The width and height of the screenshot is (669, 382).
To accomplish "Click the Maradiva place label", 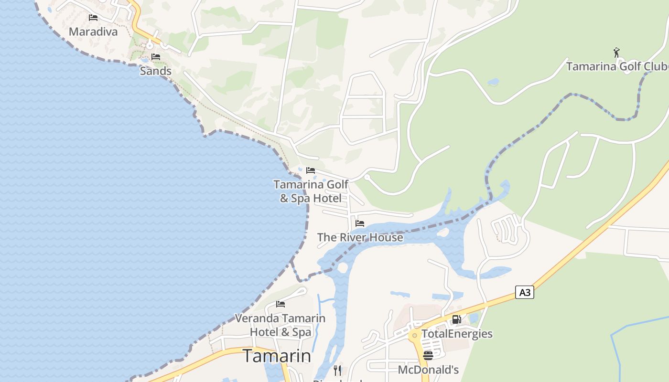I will click(93, 32).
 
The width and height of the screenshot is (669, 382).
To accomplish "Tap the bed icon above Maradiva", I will click(93, 18).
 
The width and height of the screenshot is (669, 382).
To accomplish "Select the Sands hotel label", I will click(155, 71).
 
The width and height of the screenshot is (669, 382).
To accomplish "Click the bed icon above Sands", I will click(156, 57).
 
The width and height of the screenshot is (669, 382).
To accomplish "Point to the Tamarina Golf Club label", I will click(617, 66).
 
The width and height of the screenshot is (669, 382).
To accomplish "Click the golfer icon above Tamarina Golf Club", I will click(616, 52).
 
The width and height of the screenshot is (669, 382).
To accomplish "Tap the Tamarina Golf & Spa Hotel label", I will click(311, 191).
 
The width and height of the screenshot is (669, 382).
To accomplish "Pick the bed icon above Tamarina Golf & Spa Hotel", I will click(311, 170).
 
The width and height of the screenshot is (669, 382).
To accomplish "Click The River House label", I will click(360, 237).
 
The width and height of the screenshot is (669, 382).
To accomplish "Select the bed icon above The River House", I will click(360, 223).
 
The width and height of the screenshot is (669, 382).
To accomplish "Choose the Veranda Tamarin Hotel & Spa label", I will click(280, 325).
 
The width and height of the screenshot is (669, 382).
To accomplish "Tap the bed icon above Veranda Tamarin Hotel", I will click(281, 304).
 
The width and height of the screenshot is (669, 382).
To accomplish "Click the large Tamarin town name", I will click(277, 356).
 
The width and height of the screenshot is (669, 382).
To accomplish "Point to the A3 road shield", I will click(525, 292).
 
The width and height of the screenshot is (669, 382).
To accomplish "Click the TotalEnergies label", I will click(456, 334).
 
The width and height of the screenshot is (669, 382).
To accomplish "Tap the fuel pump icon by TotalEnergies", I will click(456, 319).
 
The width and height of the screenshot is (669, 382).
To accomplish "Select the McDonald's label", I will click(428, 370).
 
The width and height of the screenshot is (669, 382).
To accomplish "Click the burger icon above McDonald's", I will click(428, 355).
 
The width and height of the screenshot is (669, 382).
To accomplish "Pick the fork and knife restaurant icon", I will click(338, 370).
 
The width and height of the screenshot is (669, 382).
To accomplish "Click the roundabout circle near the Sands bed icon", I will click(150, 46).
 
